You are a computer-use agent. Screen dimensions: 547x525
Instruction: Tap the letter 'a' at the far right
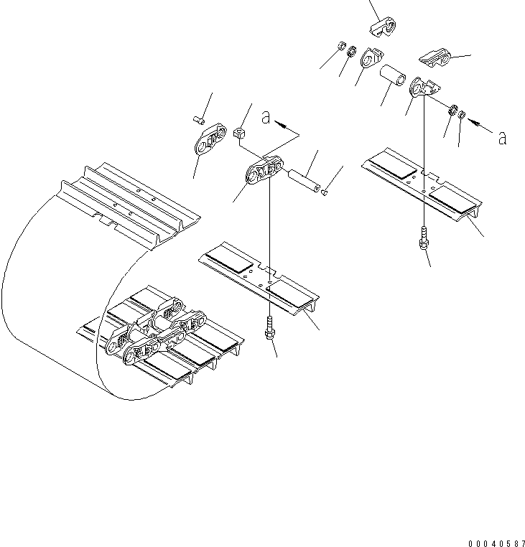point(502,138)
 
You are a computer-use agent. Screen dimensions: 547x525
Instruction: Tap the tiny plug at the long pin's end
point(325,191)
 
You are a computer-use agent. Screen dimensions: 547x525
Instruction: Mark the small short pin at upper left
point(199,118)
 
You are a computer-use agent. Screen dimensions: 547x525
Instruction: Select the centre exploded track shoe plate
point(259,276)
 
